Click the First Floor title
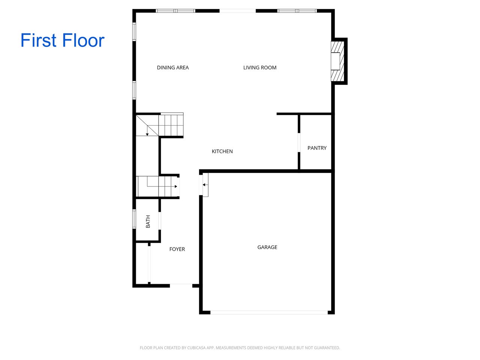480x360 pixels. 62,40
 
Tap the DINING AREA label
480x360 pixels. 173,67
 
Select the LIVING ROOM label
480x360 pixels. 260,67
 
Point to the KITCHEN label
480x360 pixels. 222,151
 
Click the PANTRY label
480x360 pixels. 317,148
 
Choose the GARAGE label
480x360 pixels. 267,247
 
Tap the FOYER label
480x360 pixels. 177,249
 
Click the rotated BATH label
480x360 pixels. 148,221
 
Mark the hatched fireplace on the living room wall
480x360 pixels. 337,61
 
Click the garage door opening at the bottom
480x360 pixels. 269,312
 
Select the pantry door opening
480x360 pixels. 299,142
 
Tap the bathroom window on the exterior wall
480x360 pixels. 134,219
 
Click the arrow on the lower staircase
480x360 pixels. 175,186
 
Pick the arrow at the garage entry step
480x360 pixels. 204,184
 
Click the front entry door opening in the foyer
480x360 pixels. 181,285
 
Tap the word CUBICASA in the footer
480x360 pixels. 205,348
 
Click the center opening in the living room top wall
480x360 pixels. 238,11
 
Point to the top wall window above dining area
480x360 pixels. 175,11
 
